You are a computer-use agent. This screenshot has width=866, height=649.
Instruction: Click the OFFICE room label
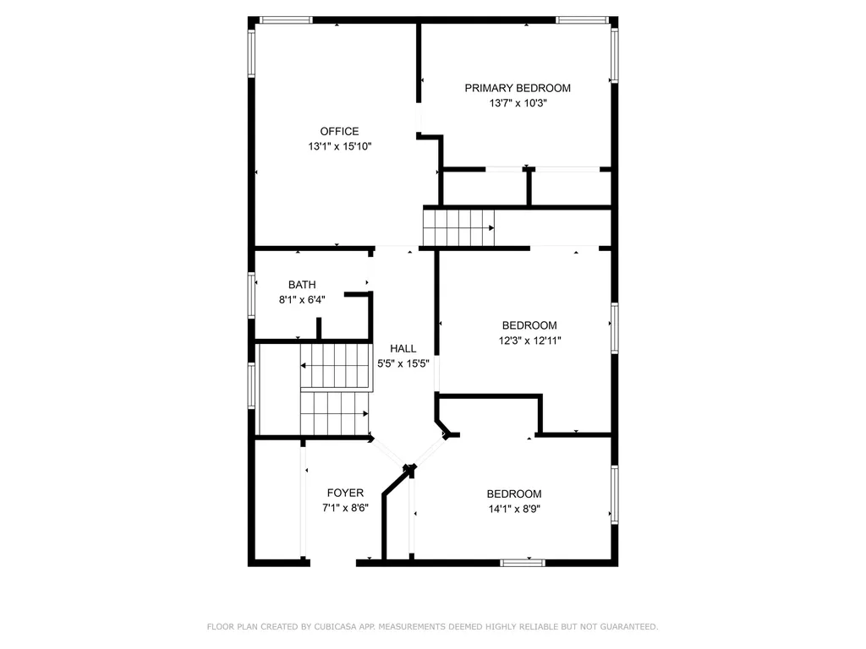pyautogui.click(x=339, y=131)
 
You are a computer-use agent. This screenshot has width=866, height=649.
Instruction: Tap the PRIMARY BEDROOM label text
pyautogui.click(x=518, y=88)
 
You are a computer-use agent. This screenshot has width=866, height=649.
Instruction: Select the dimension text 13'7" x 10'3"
pyautogui.click(x=518, y=103)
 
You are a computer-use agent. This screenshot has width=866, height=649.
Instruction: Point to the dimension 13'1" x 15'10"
pyautogui.click(x=339, y=146)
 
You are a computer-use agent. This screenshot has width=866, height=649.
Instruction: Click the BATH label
pyautogui.click(x=302, y=285)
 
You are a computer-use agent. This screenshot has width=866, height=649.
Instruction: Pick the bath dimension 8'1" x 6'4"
pyautogui.click(x=302, y=299)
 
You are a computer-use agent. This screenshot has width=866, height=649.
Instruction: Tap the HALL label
pyautogui.click(x=403, y=348)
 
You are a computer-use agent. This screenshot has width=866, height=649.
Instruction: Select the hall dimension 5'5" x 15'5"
pyautogui.click(x=403, y=363)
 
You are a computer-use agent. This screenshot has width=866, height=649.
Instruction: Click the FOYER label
pyautogui.click(x=345, y=493)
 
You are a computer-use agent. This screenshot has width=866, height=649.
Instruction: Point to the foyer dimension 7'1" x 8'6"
pyautogui.click(x=345, y=508)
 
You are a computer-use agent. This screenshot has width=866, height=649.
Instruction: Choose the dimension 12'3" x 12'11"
pyautogui.click(x=529, y=341)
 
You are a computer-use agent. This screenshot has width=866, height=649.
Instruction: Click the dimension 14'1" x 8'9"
pyautogui.click(x=513, y=509)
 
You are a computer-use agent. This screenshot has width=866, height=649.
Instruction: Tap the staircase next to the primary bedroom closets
pyautogui.click(x=458, y=226)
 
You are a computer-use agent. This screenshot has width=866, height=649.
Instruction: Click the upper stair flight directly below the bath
pyautogui.click(x=336, y=365)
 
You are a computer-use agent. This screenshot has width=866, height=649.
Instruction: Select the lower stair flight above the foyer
pyautogui.click(x=335, y=412)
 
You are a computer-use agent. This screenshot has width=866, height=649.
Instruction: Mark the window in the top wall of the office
pyautogui.click(x=286, y=19)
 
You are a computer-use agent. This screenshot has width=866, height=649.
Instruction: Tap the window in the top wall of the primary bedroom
pyautogui.click(x=582, y=19)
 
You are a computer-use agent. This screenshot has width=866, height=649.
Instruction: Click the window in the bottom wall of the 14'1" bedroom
pyautogui.click(x=522, y=561)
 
